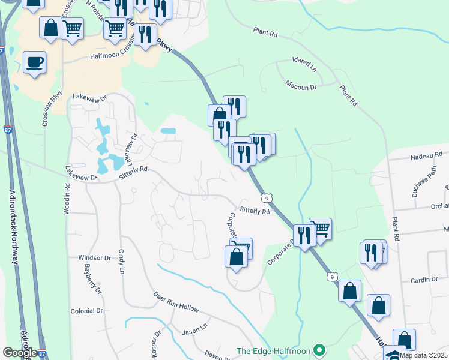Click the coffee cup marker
(x=35, y=62)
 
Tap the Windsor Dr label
(x=95, y=258)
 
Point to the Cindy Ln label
(x=121, y=262)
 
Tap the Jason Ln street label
(x=194, y=330)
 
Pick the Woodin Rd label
(x=67, y=203)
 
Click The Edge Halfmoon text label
(x=273, y=351)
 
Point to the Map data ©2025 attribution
(x=423, y=355)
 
